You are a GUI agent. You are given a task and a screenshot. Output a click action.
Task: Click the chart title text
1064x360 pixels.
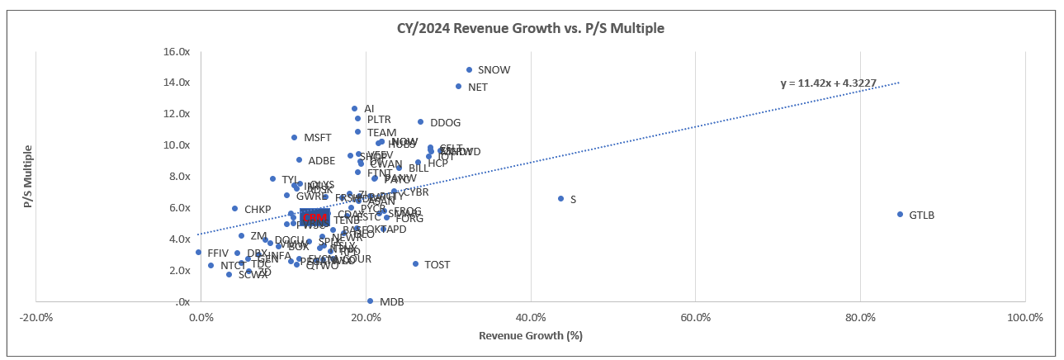(x=527, y=28)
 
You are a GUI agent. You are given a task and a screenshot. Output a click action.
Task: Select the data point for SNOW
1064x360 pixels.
(x=469, y=70)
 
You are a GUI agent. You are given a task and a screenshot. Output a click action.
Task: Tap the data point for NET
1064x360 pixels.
(x=458, y=87)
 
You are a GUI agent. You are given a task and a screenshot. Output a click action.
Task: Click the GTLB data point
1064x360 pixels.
(x=900, y=215)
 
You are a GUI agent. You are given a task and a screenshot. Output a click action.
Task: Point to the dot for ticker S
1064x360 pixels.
(x=560, y=199)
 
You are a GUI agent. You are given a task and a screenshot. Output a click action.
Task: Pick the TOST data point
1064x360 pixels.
(x=415, y=264)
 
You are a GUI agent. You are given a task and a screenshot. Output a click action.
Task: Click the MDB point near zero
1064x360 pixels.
(x=370, y=301)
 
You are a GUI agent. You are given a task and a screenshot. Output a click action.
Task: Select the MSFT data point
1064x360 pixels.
(x=294, y=138)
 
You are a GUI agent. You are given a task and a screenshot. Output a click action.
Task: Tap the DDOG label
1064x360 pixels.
(x=445, y=123)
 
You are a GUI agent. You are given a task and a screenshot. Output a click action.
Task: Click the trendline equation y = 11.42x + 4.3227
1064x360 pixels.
(x=833, y=83)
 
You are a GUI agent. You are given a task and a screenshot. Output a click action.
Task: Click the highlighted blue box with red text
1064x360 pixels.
(x=314, y=217)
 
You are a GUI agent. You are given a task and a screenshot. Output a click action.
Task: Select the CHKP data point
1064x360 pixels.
(x=234, y=209)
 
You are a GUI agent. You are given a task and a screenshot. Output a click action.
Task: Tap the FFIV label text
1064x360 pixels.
(x=218, y=253)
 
